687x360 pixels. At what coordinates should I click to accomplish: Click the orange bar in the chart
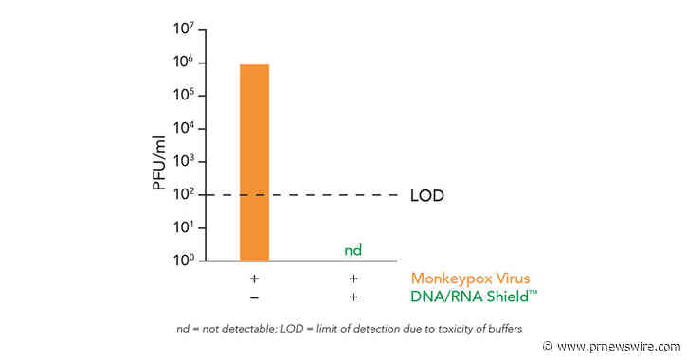pyautogui.click(x=254, y=161)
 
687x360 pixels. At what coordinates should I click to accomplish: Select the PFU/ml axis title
pyautogui.click(x=160, y=153)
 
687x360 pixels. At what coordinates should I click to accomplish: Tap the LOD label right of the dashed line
pyautogui.click(x=426, y=196)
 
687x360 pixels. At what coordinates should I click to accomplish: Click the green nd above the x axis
pyautogui.click(x=353, y=251)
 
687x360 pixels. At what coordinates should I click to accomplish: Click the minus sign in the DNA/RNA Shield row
pyautogui.click(x=254, y=297)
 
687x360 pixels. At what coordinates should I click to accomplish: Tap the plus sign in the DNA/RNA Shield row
pyautogui.click(x=353, y=297)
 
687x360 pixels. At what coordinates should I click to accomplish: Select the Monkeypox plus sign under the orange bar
pyautogui.click(x=254, y=279)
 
